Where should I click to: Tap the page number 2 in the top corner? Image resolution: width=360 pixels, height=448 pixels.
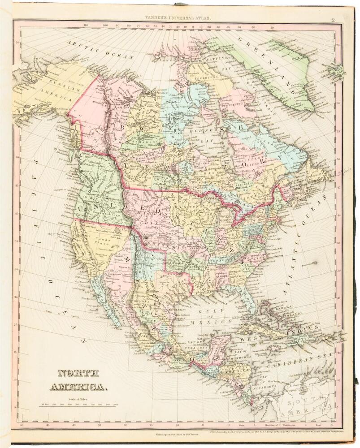333,19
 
